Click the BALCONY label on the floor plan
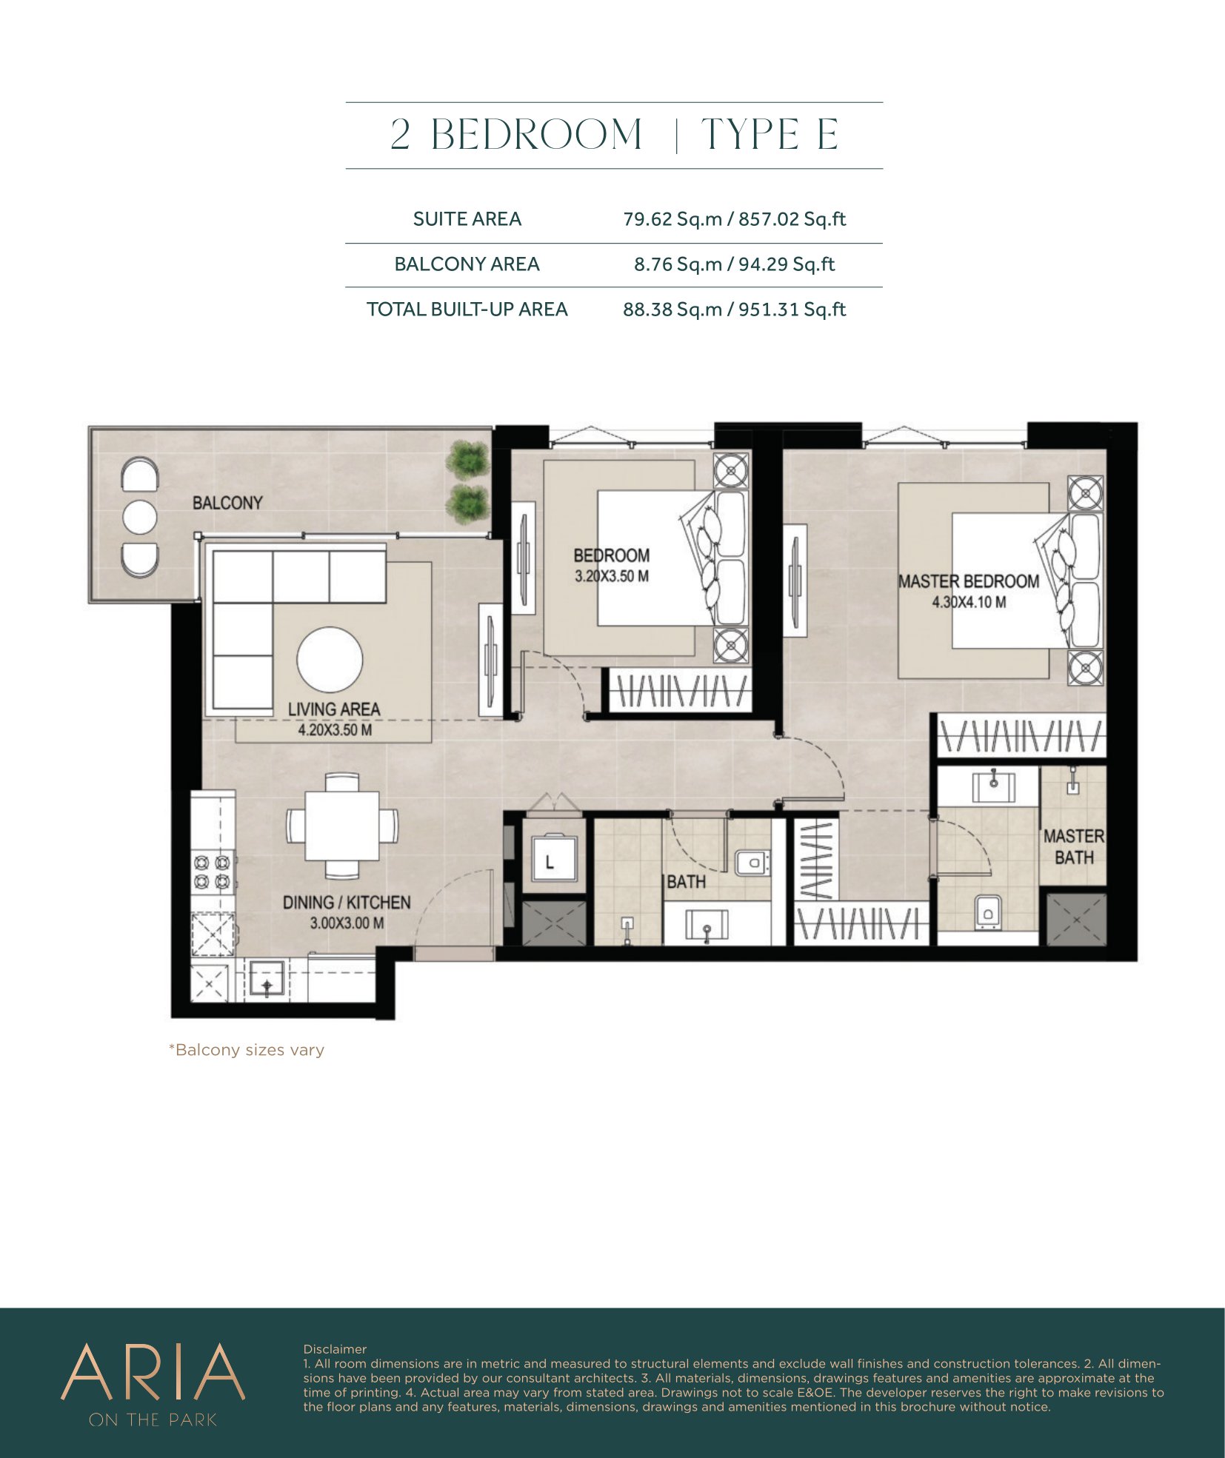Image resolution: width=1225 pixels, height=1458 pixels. pos(227,503)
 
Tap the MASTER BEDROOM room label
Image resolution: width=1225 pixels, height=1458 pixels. pos(969,581)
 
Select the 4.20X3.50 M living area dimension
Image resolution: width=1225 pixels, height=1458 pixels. pos(335,730)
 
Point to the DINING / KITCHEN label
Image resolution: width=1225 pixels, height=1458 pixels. pos(347,903)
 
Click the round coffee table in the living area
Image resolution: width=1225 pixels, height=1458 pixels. pos(330,660)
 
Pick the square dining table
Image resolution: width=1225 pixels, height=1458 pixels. pos(342,826)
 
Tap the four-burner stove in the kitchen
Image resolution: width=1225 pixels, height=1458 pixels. pos(212,872)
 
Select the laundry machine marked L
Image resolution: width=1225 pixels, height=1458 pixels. pos(550,860)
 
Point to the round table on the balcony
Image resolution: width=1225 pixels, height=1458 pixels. pos(139,516)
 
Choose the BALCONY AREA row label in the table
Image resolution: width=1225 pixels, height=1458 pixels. pos(467,264)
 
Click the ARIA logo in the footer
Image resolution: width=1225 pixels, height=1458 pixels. pos(153,1372)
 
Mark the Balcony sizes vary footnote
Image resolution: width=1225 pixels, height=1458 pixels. pos(247,1050)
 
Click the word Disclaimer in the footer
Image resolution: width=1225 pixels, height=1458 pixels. pos(335,1349)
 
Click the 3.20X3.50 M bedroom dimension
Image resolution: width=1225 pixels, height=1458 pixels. pos(612,576)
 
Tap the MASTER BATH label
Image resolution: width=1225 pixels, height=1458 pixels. pos(1074,847)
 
